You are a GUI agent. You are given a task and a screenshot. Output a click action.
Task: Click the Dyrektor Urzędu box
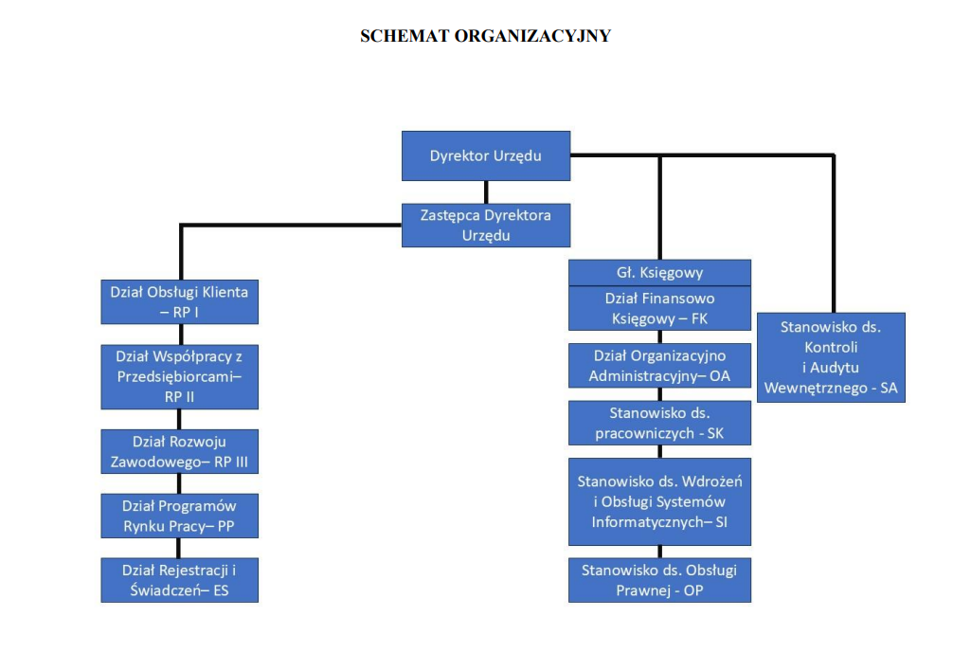point(486,155)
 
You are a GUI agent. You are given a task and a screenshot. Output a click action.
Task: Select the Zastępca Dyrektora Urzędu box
point(486,226)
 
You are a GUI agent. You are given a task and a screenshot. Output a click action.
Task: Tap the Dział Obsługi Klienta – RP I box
point(179,301)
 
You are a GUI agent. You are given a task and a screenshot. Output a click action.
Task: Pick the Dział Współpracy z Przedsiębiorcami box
point(179,376)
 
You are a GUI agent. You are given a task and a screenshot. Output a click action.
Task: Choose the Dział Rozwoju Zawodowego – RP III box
point(179,452)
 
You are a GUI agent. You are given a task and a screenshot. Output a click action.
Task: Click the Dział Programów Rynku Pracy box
point(179,516)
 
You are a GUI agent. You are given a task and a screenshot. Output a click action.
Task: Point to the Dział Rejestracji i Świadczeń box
point(179,580)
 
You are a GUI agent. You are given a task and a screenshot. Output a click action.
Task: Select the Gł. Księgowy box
point(659,273)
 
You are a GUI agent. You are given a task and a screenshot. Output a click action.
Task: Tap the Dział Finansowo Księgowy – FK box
point(659,308)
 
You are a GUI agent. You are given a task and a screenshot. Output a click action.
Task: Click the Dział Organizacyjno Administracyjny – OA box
point(659,366)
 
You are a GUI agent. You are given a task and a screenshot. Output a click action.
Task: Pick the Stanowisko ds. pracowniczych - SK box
point(659,424)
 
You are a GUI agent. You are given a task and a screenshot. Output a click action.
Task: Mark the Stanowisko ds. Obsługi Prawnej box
point(659,580)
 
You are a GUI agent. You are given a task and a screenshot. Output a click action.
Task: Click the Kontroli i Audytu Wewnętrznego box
point(831,357)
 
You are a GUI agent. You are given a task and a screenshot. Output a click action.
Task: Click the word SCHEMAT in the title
point(405,37)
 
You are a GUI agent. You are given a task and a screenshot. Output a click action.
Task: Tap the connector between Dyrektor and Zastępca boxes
point(486,191)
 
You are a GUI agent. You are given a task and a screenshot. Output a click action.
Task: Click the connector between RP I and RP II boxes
point(179,334)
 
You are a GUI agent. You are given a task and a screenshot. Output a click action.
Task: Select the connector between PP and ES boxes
point(179,548)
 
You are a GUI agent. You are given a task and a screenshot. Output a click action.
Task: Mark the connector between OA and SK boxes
point(659,394)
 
